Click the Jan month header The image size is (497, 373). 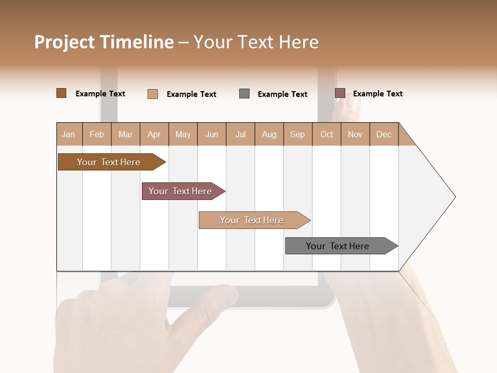tap(69, 134)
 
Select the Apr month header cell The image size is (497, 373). tap(154, 134)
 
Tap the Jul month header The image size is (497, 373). tap(241, 134)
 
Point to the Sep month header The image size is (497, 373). tap(298, 134)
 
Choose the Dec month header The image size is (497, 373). tap(384, 134)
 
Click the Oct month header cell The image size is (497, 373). tap(327, 134)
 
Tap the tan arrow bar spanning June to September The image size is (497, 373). tap(253, 220)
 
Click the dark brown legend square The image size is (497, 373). tap(61, 93)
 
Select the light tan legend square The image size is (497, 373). tap(152, 94)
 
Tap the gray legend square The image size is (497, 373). tap(244, 94)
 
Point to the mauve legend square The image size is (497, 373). tap(340, 93)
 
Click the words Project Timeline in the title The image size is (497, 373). tap(104, 42)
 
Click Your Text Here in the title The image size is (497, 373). tap(256, 42)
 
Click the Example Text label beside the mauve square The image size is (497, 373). tap(377, 94)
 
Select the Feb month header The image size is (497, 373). tap(97, 134)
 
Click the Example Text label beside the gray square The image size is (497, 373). tap(282, 94)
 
